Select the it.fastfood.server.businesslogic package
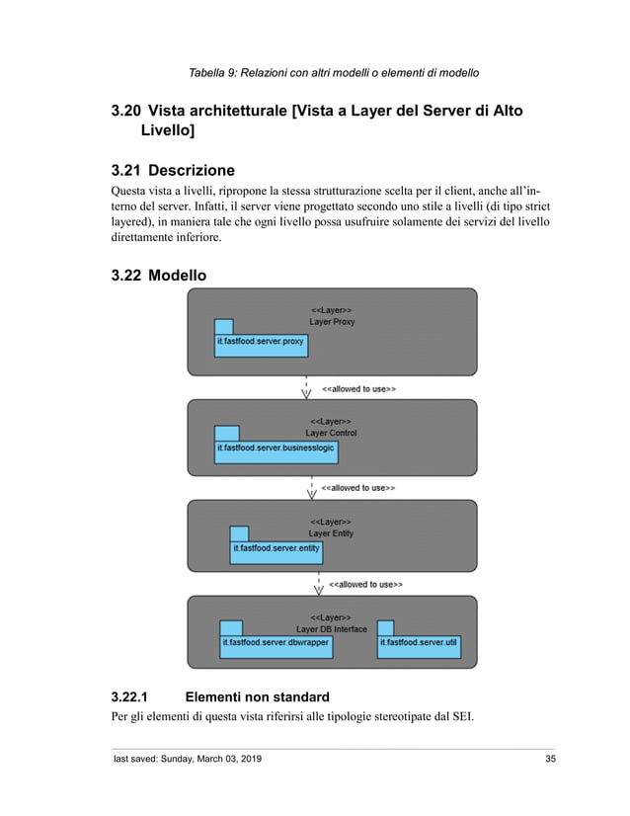click(276, 450)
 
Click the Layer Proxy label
click(332, 322)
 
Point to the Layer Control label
click(331, 433)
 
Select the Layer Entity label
click(331, 533)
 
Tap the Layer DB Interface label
click(331, 629)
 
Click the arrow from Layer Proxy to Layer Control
click(306, 387)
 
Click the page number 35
click(550, 759)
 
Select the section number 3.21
click(125, 170)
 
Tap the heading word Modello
click(178, 276)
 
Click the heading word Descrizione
click(192, 170)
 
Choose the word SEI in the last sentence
click(457, 717)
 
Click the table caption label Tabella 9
click(216, 73)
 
